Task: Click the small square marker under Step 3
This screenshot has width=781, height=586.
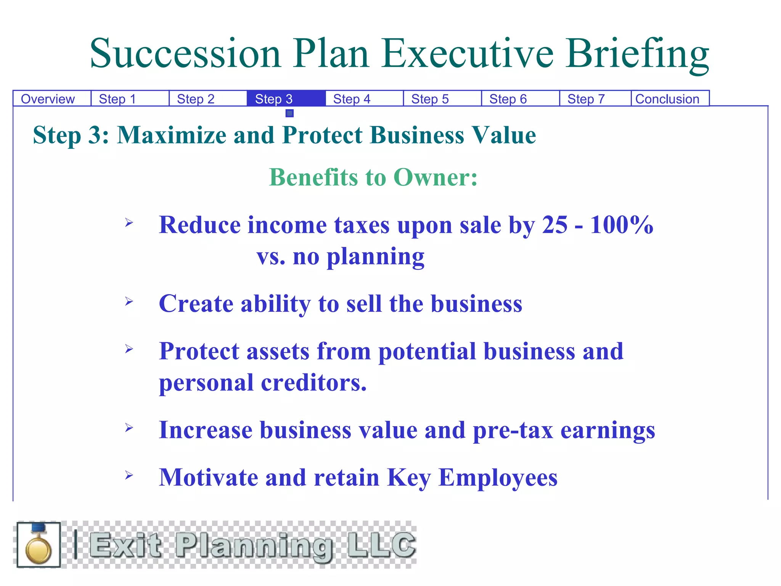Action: coord(289,113)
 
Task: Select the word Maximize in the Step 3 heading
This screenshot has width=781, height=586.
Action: coord(172,135)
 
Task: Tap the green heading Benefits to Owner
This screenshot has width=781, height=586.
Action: coord(373,177)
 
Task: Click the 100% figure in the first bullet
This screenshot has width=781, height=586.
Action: coord(622,225)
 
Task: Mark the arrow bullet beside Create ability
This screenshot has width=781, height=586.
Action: coord(129,302)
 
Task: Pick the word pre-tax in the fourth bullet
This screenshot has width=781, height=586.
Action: coord(513,430)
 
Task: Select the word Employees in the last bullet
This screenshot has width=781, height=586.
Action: coord(498,478)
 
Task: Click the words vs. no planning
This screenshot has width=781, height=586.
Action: coord(340,257)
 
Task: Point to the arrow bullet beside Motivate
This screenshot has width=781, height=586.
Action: coord(129,475)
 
